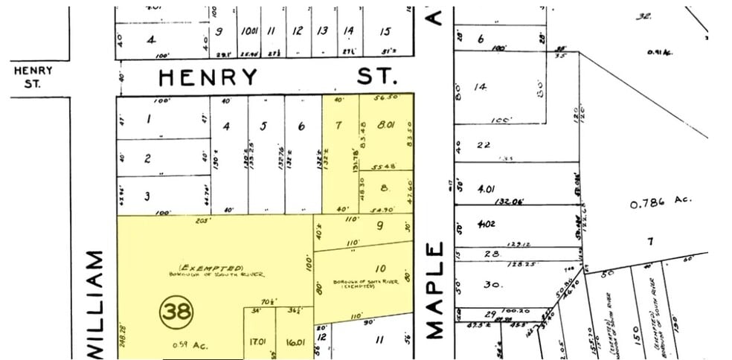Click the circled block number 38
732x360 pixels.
click(177, 312)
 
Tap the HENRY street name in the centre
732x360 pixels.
click(209, 77)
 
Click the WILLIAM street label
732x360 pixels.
click(95, 305)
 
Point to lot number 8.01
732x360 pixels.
click(386, 126)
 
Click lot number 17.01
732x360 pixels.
click(259, 342)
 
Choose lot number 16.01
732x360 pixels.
click(295, 342)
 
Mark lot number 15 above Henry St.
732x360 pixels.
click(385, 31)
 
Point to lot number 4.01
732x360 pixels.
click(487, 189)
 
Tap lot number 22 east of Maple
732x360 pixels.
click(484, 144)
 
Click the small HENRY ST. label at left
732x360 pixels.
click(33, 77)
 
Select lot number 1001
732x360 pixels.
click(248, 31)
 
